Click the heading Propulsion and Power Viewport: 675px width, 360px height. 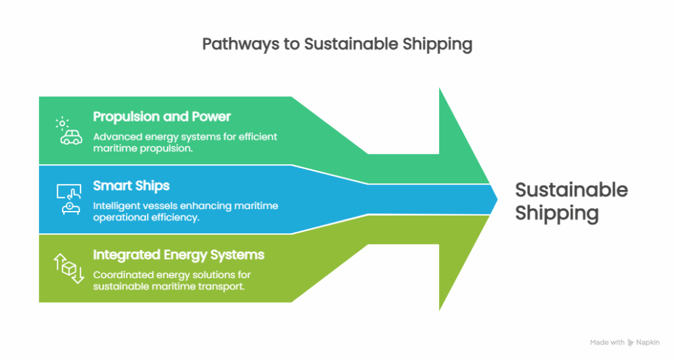161,117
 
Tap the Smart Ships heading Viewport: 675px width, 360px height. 131,185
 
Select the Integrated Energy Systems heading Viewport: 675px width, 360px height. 179,255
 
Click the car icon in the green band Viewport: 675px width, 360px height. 71,138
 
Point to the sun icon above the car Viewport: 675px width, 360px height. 62,122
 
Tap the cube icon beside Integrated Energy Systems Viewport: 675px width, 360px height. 69,267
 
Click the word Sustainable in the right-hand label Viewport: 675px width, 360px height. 571,190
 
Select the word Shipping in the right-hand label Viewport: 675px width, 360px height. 557,213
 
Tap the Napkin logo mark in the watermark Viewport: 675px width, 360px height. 631,342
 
